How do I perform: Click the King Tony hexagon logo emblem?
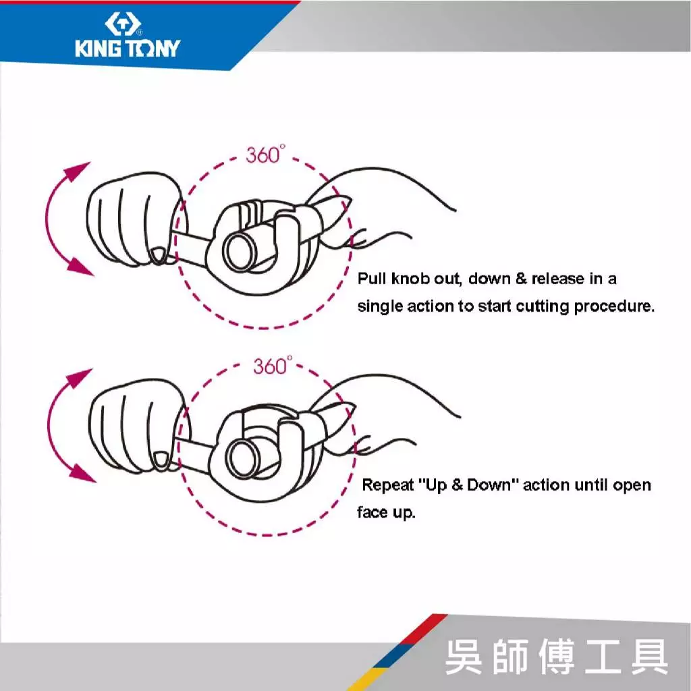coord(123,24)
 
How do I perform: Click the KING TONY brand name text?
coord(128,48)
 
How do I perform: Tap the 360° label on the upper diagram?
coord(265,155)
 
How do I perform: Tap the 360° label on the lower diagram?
coord(272,366)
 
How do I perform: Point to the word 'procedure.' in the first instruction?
coord(614,306)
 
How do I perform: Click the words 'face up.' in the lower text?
coord(386,513)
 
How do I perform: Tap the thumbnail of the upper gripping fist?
coord(158,256)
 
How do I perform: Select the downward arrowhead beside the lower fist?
coord(82,473)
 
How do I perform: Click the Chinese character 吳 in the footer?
coord(463,657)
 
